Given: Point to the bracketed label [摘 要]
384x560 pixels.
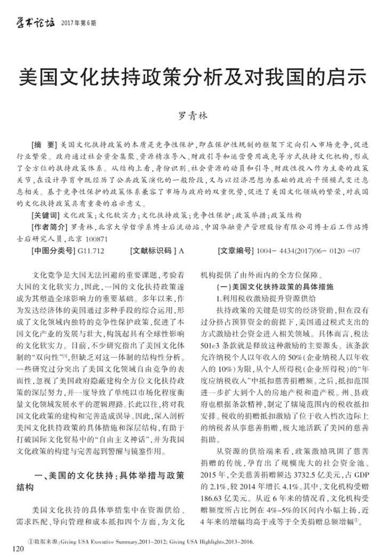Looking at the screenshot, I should coord(45,145).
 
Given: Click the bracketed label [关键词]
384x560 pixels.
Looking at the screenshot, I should coord(46,216).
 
